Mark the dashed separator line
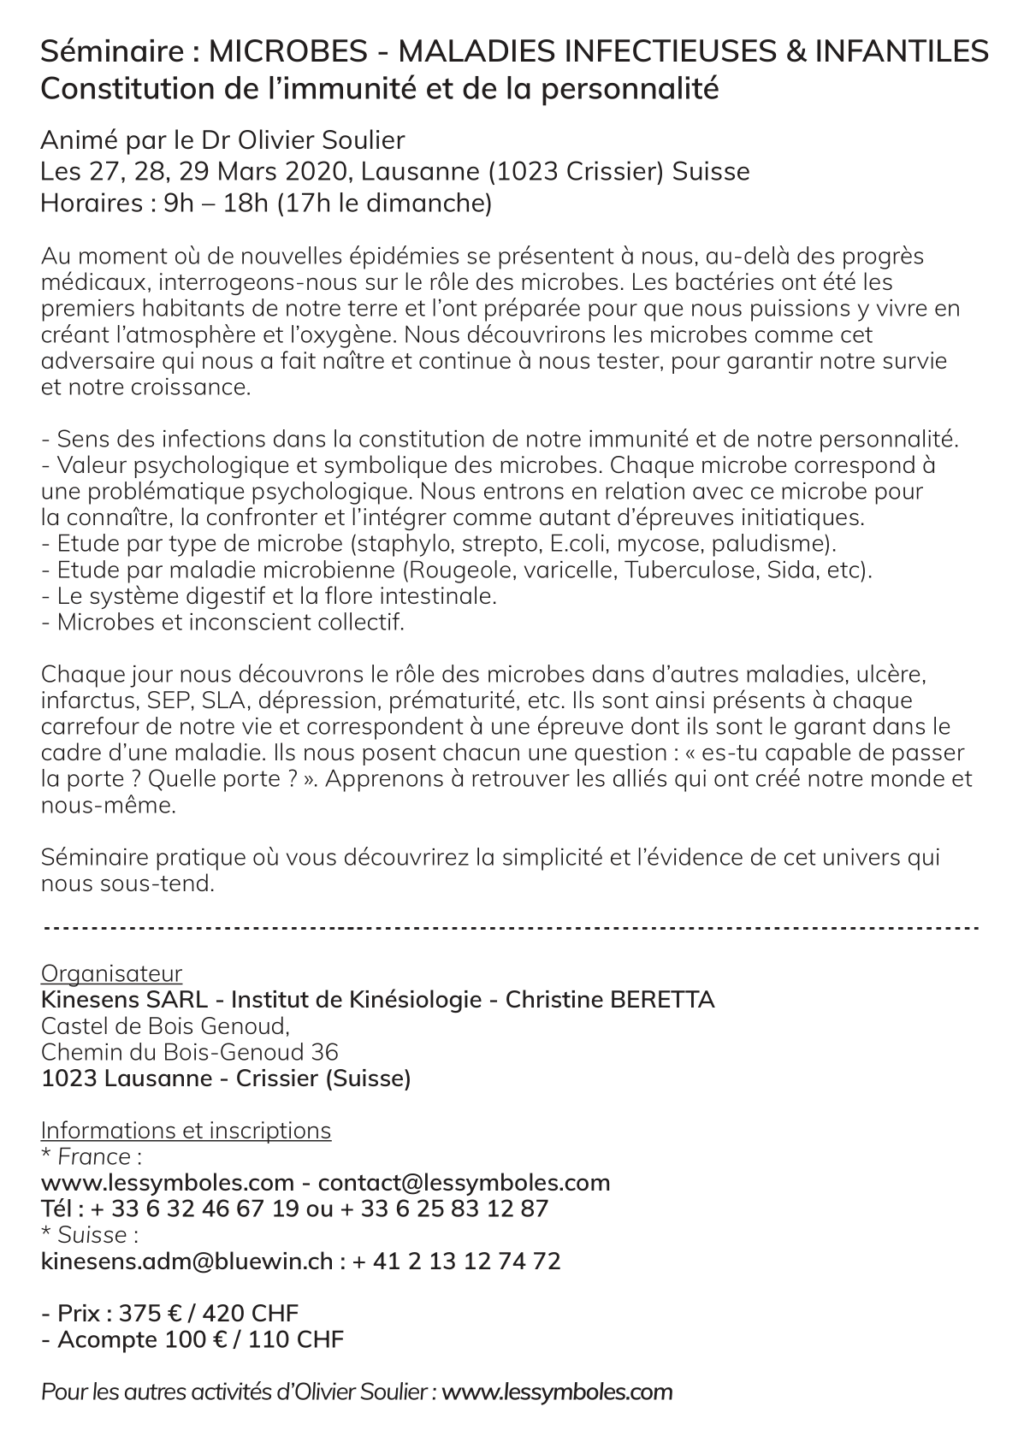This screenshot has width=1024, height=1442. pos(511,927)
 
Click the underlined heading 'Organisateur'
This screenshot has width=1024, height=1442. pos(111,973)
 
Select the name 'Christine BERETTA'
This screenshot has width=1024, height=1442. pos(610,999)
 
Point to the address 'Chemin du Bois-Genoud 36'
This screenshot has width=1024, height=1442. pos(189,1051)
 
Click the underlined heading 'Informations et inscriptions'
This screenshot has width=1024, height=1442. pos(186,1130)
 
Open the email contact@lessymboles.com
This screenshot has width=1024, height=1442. pos(464,1183)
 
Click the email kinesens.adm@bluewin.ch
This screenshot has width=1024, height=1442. pos(186,1261)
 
